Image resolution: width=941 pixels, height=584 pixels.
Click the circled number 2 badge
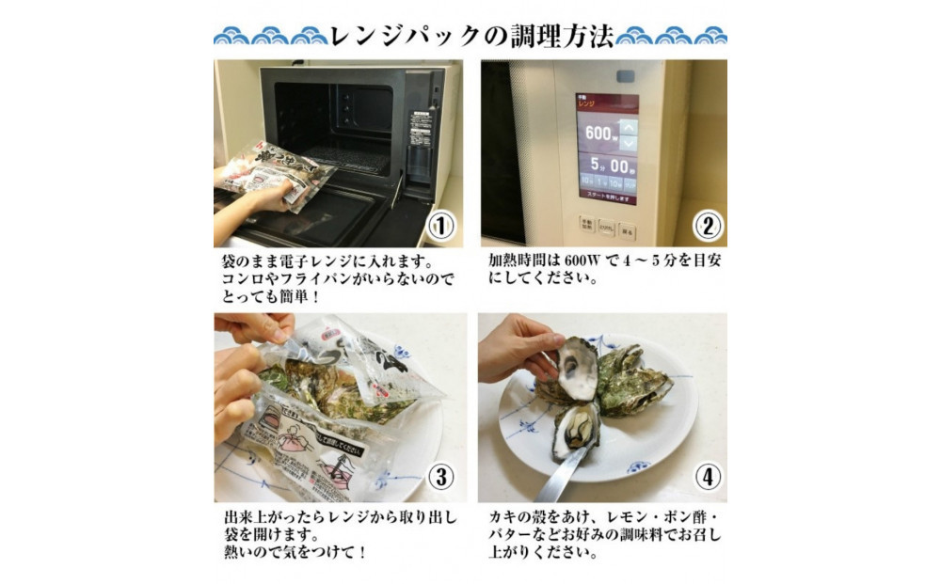(706, 226)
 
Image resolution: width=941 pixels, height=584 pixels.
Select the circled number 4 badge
(706, 477)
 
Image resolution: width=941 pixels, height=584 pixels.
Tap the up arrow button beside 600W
(629, 125)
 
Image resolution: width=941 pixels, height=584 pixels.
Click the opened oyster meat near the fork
(575, 428)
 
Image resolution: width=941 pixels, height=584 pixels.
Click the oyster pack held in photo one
(282, 169)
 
